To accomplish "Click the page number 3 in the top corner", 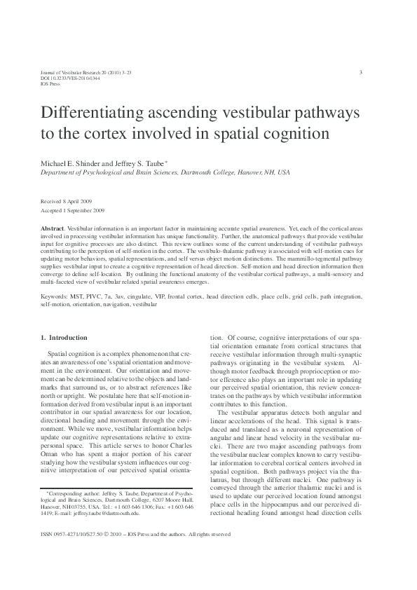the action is click(360, 72).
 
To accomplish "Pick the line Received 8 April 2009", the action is click(62, 200).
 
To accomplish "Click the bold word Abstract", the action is click(53, 230).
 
